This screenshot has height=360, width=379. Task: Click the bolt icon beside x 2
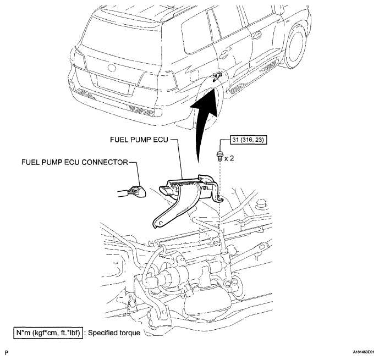(219, 155)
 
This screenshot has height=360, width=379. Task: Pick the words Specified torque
(114, 333)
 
